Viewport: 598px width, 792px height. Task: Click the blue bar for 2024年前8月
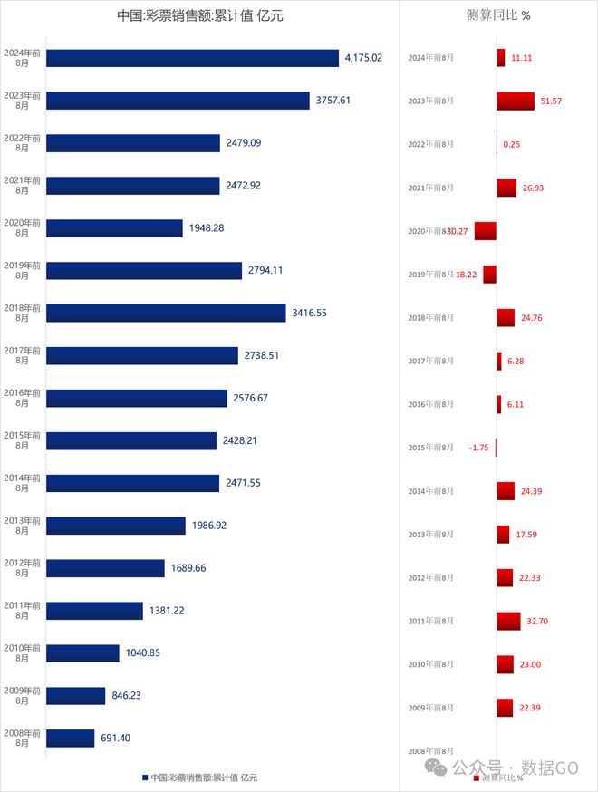point(192,58)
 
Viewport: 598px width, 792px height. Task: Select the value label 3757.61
point(332,101)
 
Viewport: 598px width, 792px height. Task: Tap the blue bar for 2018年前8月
point(166,313)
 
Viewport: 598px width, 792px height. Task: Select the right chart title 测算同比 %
point(497,16)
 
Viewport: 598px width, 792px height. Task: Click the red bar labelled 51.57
point(516,101)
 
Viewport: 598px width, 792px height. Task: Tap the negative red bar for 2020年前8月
point(486,231)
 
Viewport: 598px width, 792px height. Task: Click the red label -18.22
point(467,275)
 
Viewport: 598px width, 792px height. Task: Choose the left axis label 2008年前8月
point(22,739)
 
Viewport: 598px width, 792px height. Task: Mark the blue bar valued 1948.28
point(114,228)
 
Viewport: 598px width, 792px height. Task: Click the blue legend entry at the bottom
point(199,778)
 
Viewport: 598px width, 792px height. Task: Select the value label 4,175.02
point(363,58)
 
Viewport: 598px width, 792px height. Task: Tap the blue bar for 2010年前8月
point(82,653)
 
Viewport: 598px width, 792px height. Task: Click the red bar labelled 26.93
point(506,188)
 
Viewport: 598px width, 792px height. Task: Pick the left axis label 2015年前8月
point(22,440)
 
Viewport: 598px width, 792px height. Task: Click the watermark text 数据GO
point(554,768)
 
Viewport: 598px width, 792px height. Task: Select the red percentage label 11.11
point(523,57)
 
